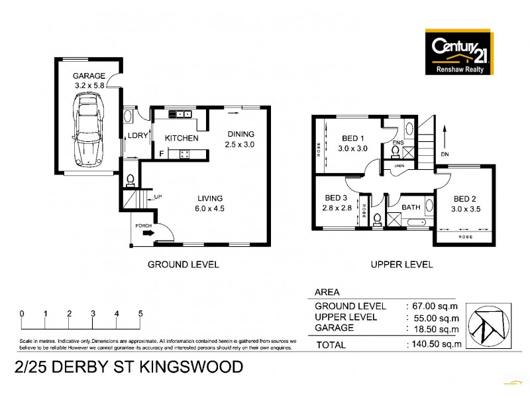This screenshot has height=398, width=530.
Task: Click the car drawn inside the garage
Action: pyautogui.click(x=88, y=129)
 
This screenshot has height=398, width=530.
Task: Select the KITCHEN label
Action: pyautogui.click(x=182, y=139)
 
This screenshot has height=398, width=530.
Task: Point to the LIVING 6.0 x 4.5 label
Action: pyautogui.click(x=209, y=203)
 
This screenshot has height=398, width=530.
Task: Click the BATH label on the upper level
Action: pyautogui.click(x=411, y=208)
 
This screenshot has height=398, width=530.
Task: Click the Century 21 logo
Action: pyautogui.click(x=456, y=52)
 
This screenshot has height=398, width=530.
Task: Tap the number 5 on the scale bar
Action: pyautogui.click(x=140, y=313)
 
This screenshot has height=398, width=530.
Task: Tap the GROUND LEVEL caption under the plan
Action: pyautogui.click(x=183, y=264)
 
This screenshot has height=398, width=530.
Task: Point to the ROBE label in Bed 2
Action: pyautogui.click(x=465, y=235)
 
